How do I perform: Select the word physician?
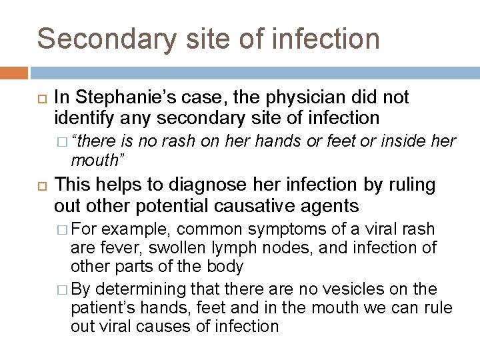[x=263, y=98]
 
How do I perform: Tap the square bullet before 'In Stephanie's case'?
[x=39, y=99]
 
